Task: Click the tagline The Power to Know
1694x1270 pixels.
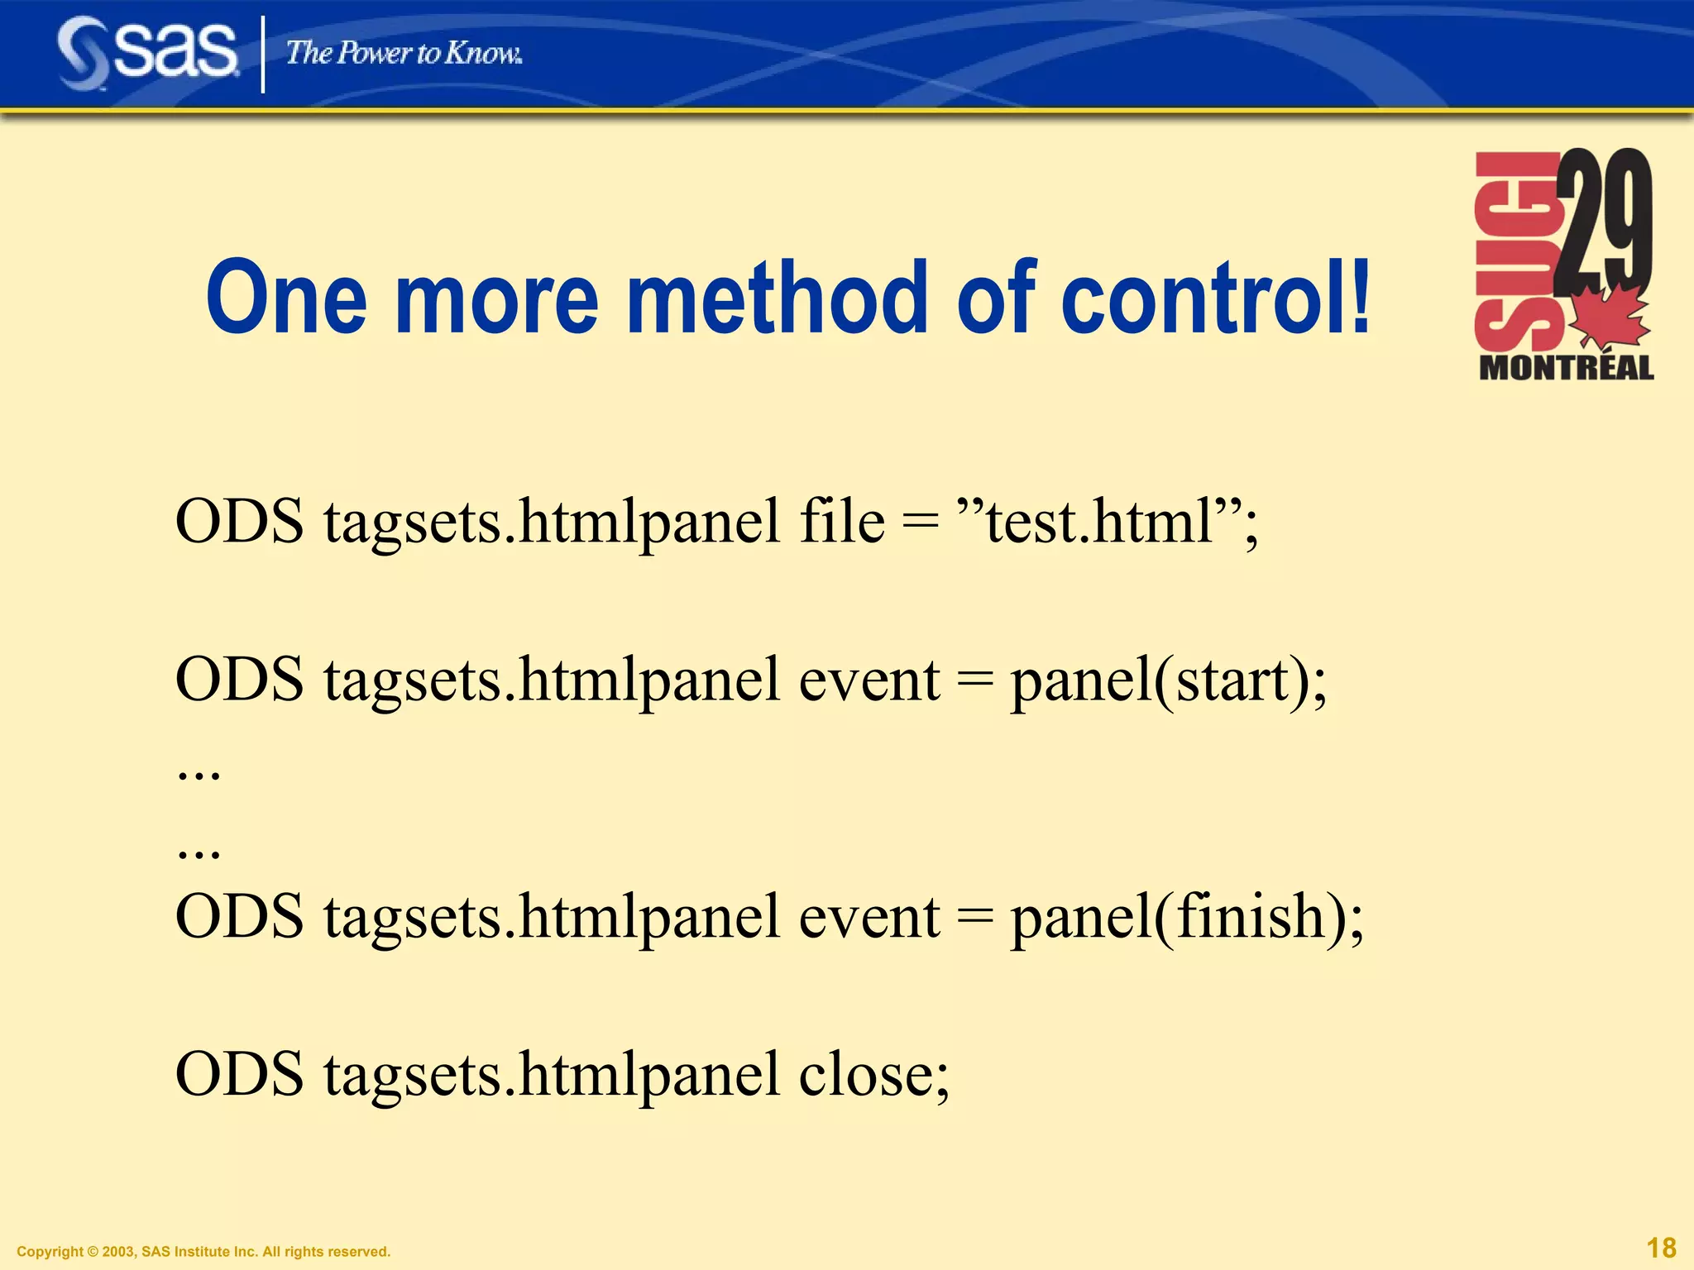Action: (404, 53)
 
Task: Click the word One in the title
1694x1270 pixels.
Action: (286, 298)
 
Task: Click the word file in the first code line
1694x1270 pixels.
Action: (841, 523)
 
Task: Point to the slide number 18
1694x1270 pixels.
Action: (1661, 1248)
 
